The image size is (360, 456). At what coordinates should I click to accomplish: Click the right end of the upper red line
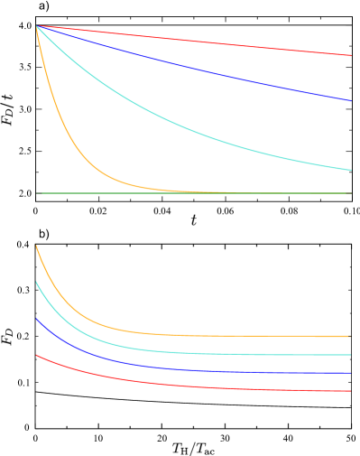(x=351, y=56)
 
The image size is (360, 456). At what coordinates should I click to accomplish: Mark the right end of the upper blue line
(x=351, y=101)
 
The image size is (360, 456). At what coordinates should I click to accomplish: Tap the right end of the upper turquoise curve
(x=351, y=170)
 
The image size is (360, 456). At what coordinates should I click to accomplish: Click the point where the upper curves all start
(x=37, y=26)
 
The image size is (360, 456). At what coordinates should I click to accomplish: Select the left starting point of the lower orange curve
(x=37, y=246)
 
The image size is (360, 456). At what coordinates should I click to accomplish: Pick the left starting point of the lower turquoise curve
(x=37, y=282)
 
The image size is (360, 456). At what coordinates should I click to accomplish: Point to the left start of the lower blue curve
(x=37, y=319)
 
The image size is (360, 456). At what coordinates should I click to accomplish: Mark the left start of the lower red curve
(x=37, y=355)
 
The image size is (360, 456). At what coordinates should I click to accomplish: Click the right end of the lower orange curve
(x=350, y=336)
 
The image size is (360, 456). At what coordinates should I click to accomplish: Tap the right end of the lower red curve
(x=350, y=391)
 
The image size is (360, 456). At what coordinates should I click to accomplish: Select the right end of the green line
(x=350, y=193)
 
